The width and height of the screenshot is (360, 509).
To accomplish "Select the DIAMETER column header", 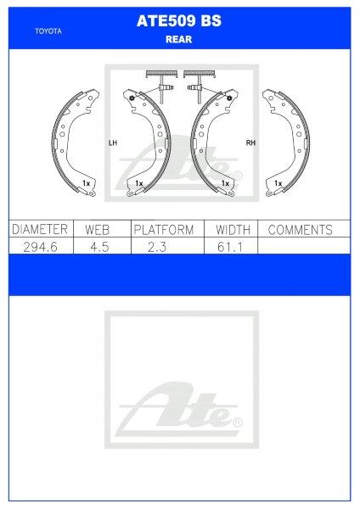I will click(38, 230).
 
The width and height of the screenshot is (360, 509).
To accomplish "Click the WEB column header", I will click(99, 230).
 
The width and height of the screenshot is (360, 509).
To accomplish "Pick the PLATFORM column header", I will click(164, 230).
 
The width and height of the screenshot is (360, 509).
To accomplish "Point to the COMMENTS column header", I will click(300, 230).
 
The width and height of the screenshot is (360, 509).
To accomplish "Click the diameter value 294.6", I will click(38, 246).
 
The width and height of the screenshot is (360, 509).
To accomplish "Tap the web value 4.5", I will click(99, 246).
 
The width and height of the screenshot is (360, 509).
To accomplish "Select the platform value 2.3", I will click(164, 246).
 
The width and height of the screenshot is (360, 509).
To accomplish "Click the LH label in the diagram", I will click(112, 143).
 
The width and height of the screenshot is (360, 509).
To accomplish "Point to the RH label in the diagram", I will click(250, 143).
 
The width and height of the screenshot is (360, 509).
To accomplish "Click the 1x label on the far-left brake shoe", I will click(85, 182).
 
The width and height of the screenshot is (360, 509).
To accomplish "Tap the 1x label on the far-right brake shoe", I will click(278, 182).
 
